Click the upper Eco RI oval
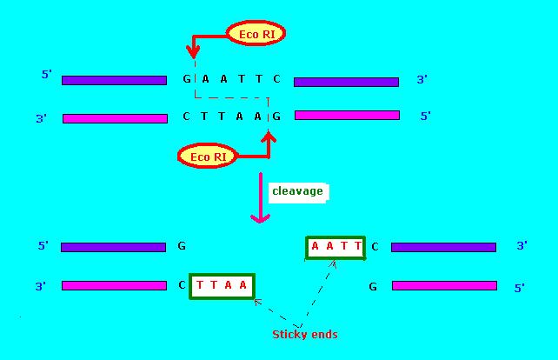click(x=256, y=35)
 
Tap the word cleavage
click(x=297, y=191)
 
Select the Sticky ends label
click(x=304, y=335)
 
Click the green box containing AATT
click(x=336, y=247)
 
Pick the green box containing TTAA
click(x=222, y=285)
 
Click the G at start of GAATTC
click(x=186, y=79)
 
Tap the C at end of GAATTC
click(x=276, y=79)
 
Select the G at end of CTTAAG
click(x=276, y=116)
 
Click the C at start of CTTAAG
click(x=186, y=116)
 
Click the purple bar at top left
click(x=114, y=80)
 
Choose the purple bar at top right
click(x=346, y=82)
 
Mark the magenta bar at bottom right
click(x=444, y=285)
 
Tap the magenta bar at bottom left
click(x=114, y=285)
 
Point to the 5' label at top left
click(x=47, y=75)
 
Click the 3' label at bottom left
click(x=40, y=285)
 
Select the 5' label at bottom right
click(x=520, y=287)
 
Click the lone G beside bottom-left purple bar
click(x=182, y=246)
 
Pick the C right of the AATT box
click(x=375, y=247)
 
